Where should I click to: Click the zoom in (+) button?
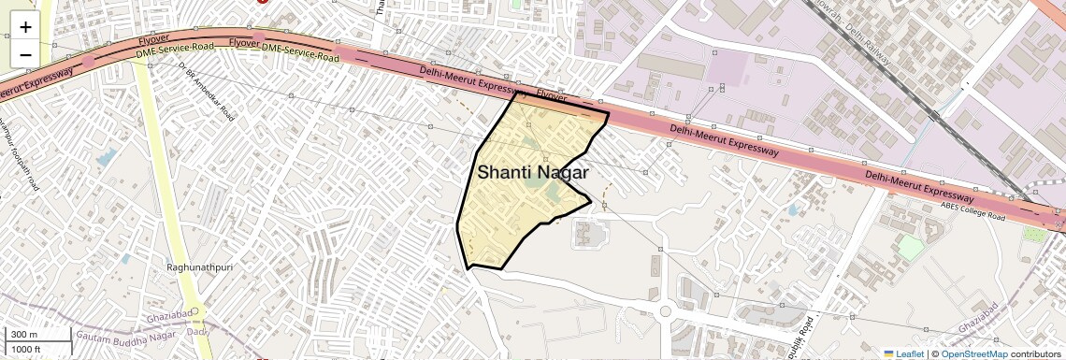[25, 26]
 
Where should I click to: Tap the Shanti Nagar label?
[533, 173]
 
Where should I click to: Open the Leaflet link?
[904, 353]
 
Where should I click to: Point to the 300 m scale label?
[23, 335]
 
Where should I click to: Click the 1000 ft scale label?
[26, 350]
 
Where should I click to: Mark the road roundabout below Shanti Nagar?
[666, 311]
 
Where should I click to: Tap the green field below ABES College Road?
[910, 247]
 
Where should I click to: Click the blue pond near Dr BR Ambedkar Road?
[108, 157]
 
